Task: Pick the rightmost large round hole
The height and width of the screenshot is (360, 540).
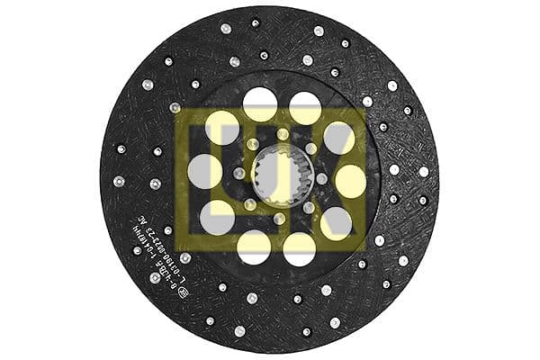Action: pos(351,180)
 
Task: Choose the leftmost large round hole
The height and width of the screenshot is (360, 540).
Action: pos(204,171)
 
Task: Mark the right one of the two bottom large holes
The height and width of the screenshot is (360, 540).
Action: pos(299,249)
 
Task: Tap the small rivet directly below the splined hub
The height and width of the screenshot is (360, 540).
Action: pos(278,219)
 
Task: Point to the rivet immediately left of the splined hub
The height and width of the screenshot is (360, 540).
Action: pos(238,173)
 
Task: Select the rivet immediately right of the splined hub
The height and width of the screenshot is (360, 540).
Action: pos(321,179)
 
